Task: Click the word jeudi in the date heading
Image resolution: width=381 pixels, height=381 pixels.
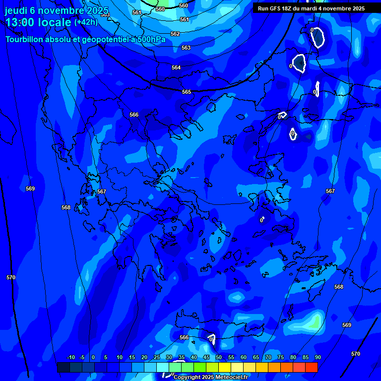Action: pos(16,10)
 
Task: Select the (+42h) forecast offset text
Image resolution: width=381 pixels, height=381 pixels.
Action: pos(86,22)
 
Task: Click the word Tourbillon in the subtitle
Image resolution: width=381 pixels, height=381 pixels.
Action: pos(25,40)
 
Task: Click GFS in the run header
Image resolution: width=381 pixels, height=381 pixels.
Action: pos(275,8)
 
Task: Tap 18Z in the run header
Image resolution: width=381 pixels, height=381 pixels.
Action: pos(288,8)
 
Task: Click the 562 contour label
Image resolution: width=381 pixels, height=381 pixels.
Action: pos(175,34)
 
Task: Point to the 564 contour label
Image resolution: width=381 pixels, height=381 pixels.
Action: pos(176,67)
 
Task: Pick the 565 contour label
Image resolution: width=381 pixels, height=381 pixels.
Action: pos(186,92)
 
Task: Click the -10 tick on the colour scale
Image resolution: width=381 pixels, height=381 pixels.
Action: pos(70,357)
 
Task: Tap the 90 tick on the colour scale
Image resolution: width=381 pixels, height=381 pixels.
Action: pos(317,357)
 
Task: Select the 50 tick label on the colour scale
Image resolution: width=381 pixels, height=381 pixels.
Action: pos(218,357)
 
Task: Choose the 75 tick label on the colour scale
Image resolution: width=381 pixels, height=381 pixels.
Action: pos(280,357)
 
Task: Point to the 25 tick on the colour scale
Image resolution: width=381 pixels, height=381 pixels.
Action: pos(156,357)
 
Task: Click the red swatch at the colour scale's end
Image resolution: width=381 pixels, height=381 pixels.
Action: pos(311,367)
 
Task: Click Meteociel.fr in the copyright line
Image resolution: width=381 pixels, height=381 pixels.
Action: pos(231,378)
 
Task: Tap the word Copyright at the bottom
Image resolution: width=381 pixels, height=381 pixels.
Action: pos(187,378)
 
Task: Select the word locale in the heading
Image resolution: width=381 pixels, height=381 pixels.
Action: pos(55,22)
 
